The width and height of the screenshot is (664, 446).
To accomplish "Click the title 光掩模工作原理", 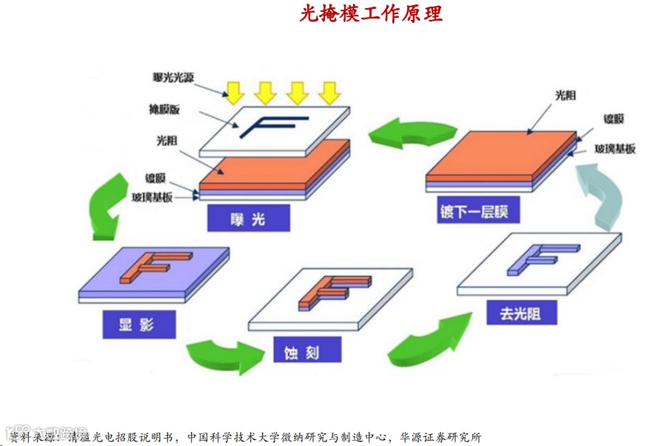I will coord(371,13).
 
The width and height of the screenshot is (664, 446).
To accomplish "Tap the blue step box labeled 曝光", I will coord(249,218).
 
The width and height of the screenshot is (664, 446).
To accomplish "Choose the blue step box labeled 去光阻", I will coord(520,314).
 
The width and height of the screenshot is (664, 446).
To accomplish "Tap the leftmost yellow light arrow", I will coord(234,91).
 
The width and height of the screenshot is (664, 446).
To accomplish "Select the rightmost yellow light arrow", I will coord(329,91).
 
